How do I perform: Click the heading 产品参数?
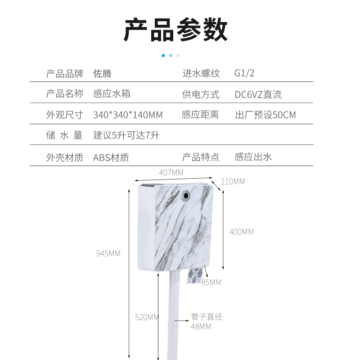(175, 30)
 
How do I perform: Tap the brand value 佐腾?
(102, 73)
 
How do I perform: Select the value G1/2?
(244, 73)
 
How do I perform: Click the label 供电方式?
(201, 94)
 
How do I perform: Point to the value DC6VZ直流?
(258, 94)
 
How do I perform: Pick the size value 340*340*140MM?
(128, 115)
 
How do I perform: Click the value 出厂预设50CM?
(265, 115)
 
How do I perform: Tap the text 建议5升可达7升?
(126, 135)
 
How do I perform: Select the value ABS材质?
(111, 157)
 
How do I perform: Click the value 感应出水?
(253, 157)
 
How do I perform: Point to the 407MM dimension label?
(171, 172)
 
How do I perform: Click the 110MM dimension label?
(233, 182)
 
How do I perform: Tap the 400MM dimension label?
(242, 232)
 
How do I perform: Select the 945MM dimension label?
(108, 253)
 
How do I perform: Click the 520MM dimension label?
(147, 317)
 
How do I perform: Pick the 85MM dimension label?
(211, 283)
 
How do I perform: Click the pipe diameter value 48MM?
(201, 327)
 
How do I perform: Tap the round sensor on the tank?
(185, 195)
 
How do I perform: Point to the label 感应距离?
(200, 115)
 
